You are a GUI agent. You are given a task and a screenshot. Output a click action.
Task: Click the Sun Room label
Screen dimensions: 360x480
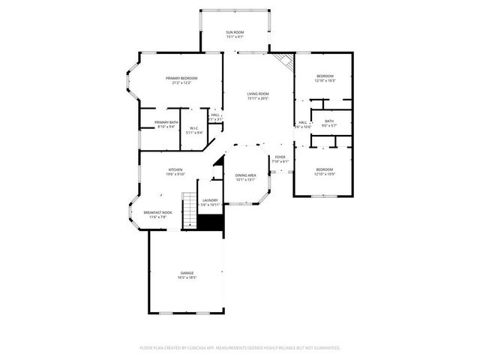[235, 33]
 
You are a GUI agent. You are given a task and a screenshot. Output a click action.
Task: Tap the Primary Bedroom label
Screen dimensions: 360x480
[181, 78]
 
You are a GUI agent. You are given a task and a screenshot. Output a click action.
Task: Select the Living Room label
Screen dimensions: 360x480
[258, 94]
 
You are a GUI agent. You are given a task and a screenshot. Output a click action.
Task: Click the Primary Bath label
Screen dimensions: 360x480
[166, 122]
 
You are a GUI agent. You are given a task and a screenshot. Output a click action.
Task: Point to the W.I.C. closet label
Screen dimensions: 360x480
[194, 128]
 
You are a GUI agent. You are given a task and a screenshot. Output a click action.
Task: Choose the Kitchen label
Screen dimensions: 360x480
[175, 169]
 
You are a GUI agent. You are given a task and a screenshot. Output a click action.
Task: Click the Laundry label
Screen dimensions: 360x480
[210, 200]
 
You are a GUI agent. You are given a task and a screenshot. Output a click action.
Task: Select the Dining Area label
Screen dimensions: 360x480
[246, 175]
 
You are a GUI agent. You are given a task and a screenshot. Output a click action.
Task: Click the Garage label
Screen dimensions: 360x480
[186, 272]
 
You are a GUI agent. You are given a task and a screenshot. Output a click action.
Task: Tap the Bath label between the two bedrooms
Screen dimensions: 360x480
[328, 121]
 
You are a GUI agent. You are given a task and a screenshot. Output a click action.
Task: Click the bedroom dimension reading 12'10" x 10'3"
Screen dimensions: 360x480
[325, 80]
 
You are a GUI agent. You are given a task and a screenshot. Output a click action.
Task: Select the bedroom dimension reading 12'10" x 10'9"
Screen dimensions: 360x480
[325, 174]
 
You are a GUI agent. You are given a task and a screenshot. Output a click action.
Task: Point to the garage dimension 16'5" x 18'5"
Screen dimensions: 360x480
[186, 277]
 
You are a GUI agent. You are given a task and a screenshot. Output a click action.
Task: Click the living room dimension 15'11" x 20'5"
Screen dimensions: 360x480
[258, 98]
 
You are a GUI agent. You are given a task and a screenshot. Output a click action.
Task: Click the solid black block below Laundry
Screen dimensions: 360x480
[211, 223]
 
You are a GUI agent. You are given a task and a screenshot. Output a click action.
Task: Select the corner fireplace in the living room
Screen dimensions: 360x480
[284, 61]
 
